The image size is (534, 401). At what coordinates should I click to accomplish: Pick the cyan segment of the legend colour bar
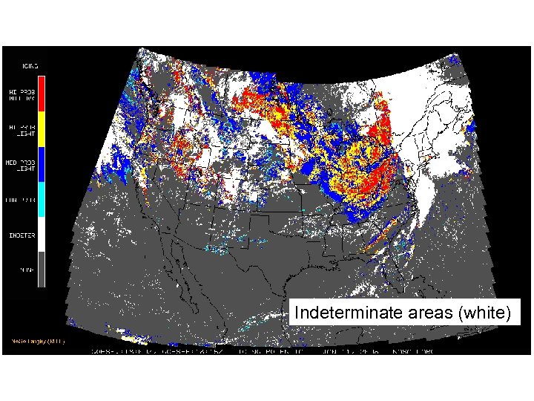click(42, 200)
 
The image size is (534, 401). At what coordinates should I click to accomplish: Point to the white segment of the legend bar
click(42, 234)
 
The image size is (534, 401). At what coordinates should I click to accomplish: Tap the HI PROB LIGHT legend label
click(19, 128)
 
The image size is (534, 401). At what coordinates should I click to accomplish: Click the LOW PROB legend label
click(19, 200)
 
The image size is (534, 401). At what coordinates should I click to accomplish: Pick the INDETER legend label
click(19, 235)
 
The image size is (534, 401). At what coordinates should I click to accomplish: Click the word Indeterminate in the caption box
click(349, 314)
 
